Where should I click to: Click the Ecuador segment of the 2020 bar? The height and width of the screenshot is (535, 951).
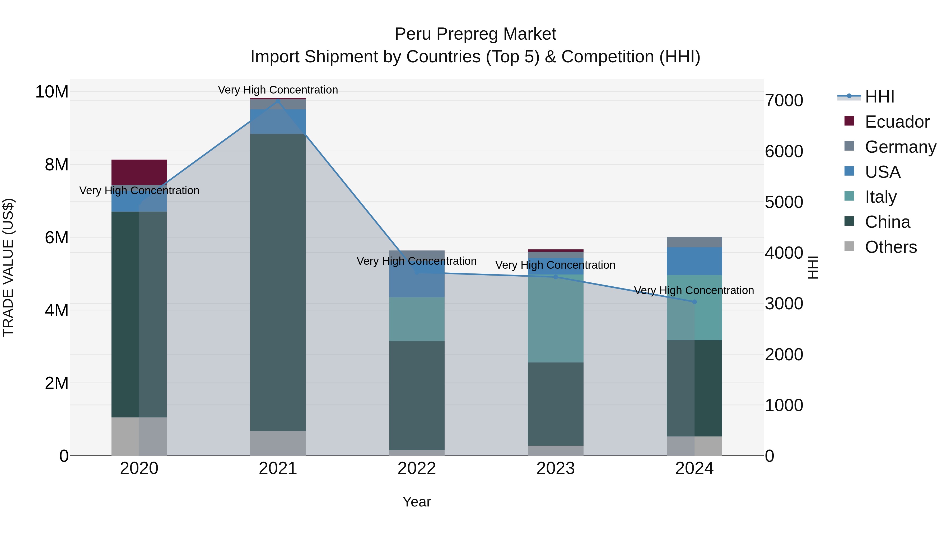click(139, 172)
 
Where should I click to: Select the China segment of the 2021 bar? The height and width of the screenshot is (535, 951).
click(278, 282)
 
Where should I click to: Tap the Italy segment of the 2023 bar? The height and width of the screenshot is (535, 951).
click(555, 318)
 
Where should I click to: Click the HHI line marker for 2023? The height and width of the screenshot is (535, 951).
click(555, 277)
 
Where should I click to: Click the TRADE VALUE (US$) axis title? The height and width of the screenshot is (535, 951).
click(8, 267)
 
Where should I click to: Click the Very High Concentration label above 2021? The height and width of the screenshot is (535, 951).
click(278, 90)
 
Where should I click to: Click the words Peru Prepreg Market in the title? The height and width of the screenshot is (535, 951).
click(475, 34)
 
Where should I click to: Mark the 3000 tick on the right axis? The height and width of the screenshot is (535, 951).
click(784, 304)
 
